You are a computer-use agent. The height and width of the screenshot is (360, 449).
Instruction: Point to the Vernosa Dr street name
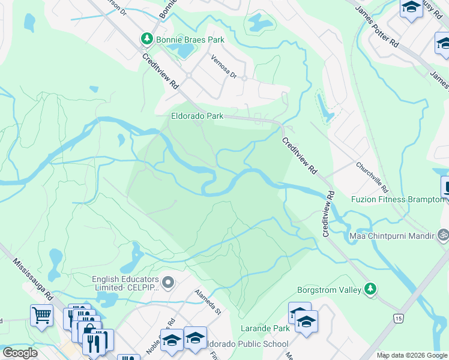point(224,67)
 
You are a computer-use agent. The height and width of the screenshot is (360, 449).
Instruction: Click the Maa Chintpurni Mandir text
point(392,235)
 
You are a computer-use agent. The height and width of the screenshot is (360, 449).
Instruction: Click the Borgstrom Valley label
point(330,290)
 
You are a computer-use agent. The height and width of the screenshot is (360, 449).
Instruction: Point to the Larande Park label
point(265,328)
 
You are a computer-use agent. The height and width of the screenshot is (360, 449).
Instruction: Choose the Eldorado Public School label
point(246,344)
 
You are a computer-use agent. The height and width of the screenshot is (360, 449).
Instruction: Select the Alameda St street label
point(208,302)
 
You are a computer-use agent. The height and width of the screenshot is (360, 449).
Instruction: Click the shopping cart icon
point(41,315)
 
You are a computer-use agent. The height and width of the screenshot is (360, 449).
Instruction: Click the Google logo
point(20,353)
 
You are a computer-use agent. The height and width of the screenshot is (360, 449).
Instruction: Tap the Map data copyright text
point(412,355)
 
